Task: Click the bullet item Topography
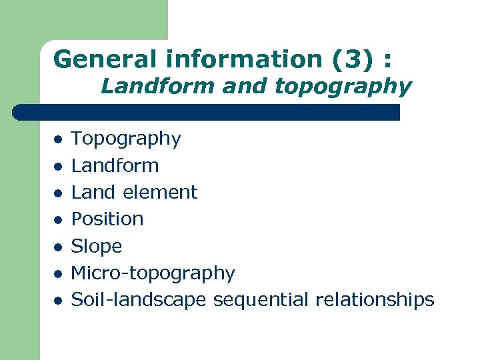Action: [x=126, y=139]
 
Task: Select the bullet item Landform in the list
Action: [x=115, y=165]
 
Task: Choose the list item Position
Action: [x=107, y=219]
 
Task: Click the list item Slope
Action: [x=97, y=246]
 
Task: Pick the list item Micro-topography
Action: [x=153, y=273]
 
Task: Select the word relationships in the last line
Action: [x=375, y=300]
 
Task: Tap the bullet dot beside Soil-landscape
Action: [x=58, y=301]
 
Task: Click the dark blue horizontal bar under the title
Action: [x=207, y=112]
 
